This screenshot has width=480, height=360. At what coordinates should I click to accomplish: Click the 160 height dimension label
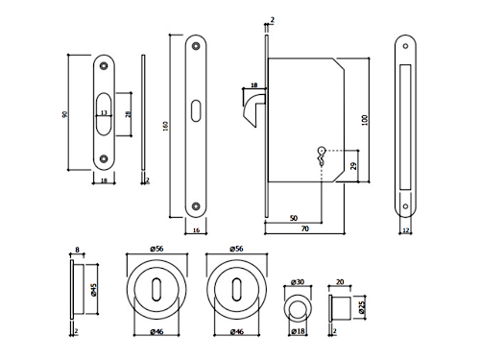pyautogui.click(x=165, y=126)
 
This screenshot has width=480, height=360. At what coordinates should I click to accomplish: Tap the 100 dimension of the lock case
pyautogui.click(x=365, y=120)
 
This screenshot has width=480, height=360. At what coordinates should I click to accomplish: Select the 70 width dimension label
pyautogui.click(x=305, y=228)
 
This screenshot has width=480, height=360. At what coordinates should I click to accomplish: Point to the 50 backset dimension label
pyautogui.click(x=294, y=218)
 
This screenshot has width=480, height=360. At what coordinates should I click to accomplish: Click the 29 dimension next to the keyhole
pyautogui.click(x=353, y=166)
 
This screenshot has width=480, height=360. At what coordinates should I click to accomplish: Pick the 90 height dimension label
pyautogui.click(x=64, y=114)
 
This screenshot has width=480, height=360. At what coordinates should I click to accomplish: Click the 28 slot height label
pyautogui.click(x=128, y=114)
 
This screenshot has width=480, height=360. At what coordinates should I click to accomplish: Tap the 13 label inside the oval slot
pyautogui.click(x=104, y=112)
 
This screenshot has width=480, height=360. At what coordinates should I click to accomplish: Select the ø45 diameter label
pyautogui.click(x=94, y=290)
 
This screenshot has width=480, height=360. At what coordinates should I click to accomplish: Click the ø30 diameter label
pyautogui.click(x=298, y=282)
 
